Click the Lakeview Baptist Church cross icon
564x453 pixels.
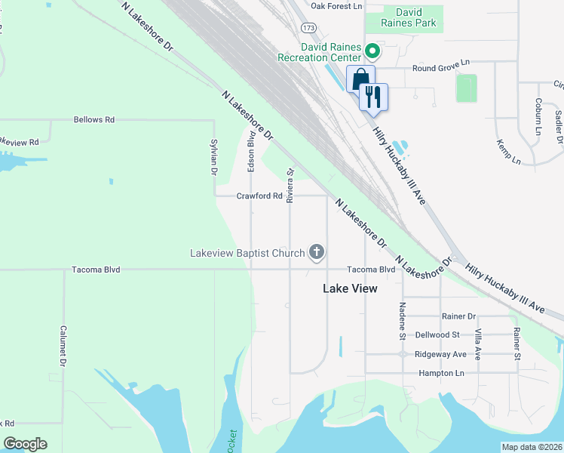317,253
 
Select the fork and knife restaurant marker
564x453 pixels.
373,96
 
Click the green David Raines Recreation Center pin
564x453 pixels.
372,51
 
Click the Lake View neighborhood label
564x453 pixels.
350,288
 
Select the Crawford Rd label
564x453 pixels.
259,196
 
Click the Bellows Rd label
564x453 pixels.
93,119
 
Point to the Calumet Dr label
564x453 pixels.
63,346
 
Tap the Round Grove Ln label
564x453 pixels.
440,68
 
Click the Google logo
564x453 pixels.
25,444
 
